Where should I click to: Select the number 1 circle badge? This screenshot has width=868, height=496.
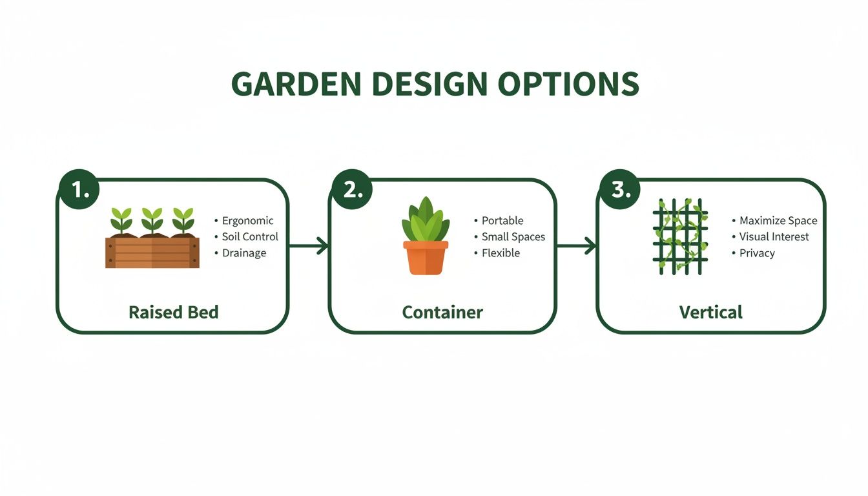[78, 190]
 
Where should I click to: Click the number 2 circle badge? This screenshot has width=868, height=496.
[352, 190]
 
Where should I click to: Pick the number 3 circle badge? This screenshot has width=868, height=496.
[619, 190]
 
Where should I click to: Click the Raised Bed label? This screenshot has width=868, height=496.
[174, 313]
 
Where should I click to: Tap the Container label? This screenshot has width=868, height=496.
[442, 313]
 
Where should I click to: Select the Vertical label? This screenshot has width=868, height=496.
[711, 313]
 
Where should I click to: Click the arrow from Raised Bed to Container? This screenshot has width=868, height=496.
[309, 245]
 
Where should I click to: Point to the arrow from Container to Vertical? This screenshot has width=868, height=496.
[576, 245]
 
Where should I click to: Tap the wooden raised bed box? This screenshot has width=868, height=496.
[152, 252]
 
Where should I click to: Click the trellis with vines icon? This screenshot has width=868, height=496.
[680, 236]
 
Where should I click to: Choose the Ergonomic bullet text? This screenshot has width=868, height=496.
[247, 221]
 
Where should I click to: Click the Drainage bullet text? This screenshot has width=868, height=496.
[244, 253]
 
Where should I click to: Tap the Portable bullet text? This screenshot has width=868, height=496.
[502, 221]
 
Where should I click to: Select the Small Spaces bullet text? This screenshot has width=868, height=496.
[513, 237]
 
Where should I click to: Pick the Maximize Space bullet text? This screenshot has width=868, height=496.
[778, 221]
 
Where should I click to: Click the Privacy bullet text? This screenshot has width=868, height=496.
[757, 253]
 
